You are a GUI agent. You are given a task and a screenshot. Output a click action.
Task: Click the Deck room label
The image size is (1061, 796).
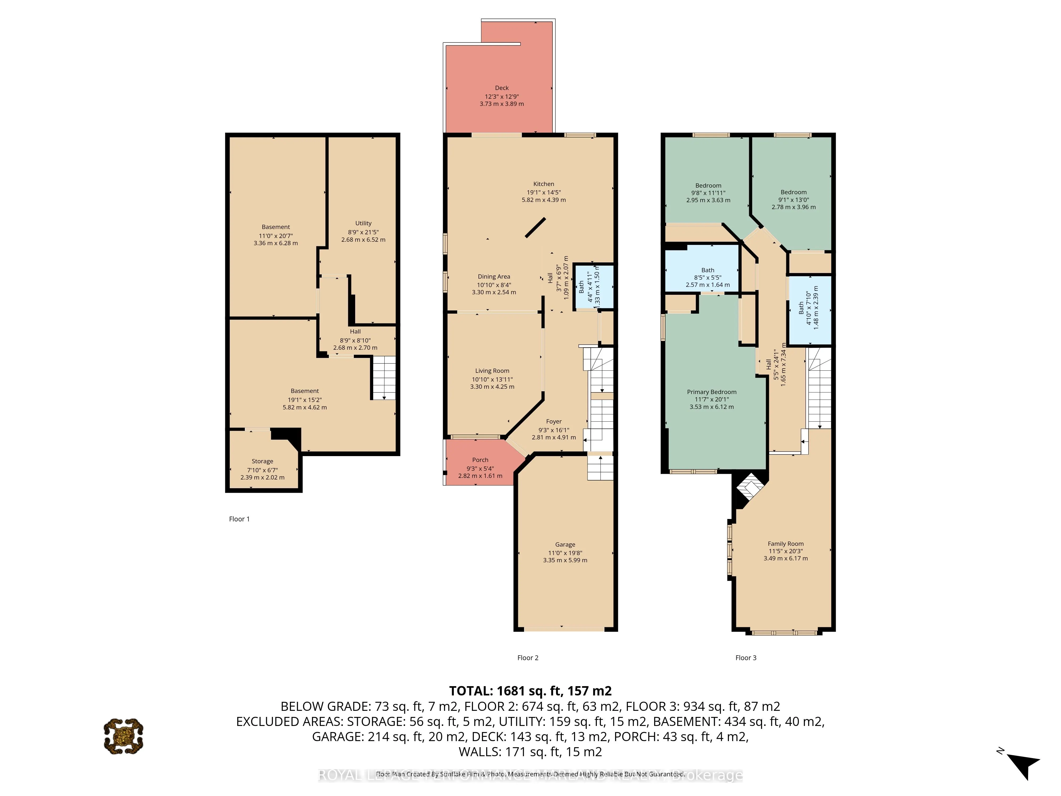click(502, 88)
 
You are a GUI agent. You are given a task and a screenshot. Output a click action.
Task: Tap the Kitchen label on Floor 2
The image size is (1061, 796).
click(543, 184)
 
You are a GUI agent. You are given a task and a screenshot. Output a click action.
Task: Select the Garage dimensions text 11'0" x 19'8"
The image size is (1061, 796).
click(565, 553)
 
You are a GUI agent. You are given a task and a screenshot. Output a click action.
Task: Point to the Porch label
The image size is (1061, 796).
click(480, 460)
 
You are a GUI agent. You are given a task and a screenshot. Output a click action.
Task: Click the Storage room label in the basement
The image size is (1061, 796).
click(262, 461)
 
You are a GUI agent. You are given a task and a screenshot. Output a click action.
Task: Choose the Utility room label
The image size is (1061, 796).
click(363, 223)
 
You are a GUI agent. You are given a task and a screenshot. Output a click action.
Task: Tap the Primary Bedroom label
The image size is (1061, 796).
click(711, 392)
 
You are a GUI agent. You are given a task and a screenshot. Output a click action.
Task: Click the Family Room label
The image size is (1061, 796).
click(785, 544)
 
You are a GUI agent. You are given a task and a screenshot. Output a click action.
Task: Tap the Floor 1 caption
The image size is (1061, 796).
click(239, 519)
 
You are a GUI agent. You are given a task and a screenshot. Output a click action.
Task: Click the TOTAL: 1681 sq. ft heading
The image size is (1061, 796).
click(530, 691)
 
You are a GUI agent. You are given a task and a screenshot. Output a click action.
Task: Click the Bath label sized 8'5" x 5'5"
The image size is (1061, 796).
click(707, 270)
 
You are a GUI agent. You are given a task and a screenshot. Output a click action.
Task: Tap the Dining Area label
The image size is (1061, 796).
click(494, 276)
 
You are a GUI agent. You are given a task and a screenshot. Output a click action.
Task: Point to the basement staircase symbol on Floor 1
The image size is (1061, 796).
click(384, 378)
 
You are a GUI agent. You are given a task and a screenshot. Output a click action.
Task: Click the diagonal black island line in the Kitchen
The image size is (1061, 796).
click(535, 227)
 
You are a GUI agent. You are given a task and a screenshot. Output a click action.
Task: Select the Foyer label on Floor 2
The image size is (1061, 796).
click(554, 421)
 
